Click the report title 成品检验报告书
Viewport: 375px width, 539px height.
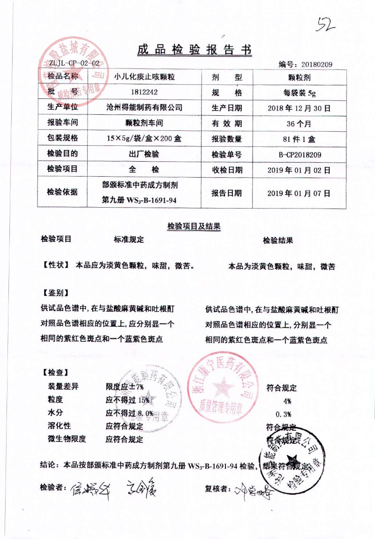tap(194, 50)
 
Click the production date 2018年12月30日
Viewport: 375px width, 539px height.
tap(300, 108)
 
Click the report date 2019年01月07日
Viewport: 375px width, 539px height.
tap(299, 193)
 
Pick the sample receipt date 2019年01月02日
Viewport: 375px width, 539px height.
tap(299, 170)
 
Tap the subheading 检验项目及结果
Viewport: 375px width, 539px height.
tap(194, 226)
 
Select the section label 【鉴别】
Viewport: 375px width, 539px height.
tap(55, 293)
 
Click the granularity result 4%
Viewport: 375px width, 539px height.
tap(287, 401)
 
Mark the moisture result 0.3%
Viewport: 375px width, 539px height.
tap(284, 414)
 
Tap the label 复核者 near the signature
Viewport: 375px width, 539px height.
tap(217, 489)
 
